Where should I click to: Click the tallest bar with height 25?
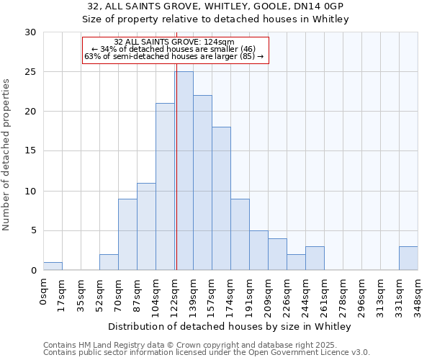(x=184, y=171)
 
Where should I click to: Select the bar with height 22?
(x=202, y=183)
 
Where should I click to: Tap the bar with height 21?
(x=165, y=186)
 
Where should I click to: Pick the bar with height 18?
(x=221, y=199)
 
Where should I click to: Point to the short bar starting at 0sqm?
(x=53, y=266)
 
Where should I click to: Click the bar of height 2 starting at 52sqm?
(x=109, y=263)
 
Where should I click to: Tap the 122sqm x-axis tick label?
(x=175, y=294)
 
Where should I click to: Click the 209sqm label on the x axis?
(x=269, y=294)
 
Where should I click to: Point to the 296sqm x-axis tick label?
(x=362, y=294)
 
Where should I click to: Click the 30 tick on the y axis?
(x=30, y=32)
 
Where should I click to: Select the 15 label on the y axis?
(x=30, y=151)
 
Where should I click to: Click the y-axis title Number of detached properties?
(x=6, y=155)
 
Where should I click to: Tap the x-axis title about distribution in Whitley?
(x=230, y=326)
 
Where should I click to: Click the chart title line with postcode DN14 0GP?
(x=215, y=6)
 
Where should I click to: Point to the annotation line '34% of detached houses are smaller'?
(x=174, y=49)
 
